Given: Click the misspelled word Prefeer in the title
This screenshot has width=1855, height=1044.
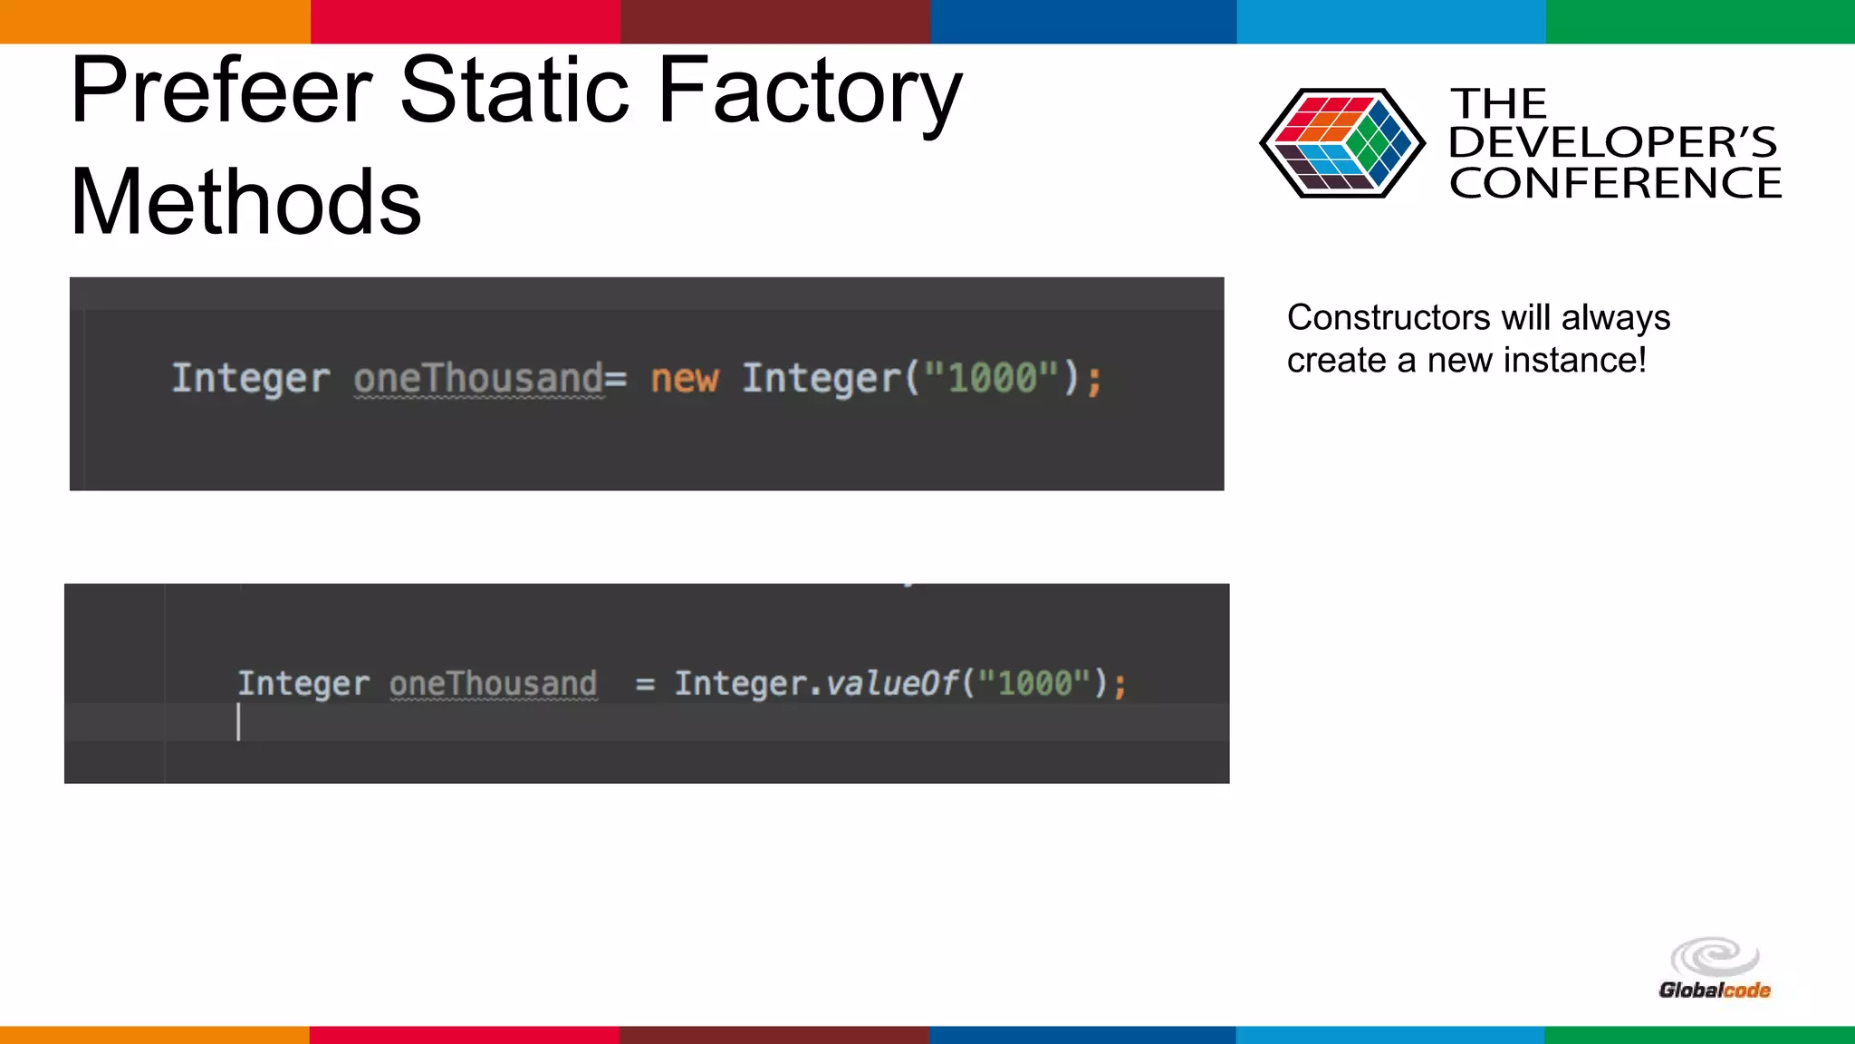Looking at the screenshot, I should click(x=221, y=91).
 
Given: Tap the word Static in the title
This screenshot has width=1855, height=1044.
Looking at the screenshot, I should click(x=514, y=91).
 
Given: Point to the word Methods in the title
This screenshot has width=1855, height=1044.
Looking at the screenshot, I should click(x=245, y=202).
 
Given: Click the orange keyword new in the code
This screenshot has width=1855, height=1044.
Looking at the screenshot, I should click(x=685, y=378).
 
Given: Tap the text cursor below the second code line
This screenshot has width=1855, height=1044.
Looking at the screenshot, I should click(x=238, y=722).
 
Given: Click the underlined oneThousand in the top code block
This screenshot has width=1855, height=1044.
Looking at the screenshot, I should click(x=478, y=378).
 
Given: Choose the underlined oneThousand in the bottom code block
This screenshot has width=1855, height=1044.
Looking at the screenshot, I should click(x=494, y=682).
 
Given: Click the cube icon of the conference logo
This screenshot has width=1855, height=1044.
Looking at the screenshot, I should click(x=1341, y=143).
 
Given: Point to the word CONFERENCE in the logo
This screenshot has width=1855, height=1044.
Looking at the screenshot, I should click(x=1615, y=183).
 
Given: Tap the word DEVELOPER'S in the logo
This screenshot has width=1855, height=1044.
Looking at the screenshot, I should click(x=1612, y=142).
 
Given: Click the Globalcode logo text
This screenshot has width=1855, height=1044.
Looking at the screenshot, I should click(x=1714, y=991).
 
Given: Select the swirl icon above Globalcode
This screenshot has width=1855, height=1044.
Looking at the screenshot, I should click(x=1715, y=957).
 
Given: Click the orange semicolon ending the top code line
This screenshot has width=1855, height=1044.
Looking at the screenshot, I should click(x=1094, y=380).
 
